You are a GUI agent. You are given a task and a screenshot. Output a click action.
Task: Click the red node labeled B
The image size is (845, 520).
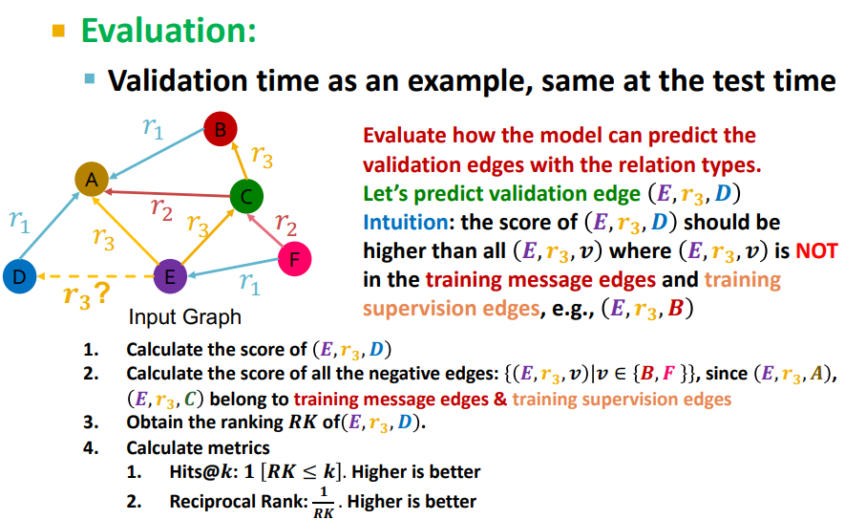point(219,129)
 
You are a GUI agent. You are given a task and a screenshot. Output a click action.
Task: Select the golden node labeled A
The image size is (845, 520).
point(93,180)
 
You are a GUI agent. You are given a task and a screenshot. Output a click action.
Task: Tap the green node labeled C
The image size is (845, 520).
point(245,198)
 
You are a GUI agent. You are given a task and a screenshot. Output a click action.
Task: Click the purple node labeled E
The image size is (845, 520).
point(170,276)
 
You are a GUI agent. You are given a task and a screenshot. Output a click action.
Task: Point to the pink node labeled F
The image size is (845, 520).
point(294,258)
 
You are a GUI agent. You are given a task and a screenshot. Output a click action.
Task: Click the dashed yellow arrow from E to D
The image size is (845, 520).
point(95,276)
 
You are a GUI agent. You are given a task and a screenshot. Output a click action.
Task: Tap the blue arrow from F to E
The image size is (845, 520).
point(234,268)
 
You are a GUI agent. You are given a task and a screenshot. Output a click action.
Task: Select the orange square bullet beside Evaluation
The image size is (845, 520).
point(58,31)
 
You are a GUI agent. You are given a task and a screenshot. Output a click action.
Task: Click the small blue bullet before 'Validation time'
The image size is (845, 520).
point(90,79)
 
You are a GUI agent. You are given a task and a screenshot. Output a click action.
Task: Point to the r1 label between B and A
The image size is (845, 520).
point(153,129)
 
